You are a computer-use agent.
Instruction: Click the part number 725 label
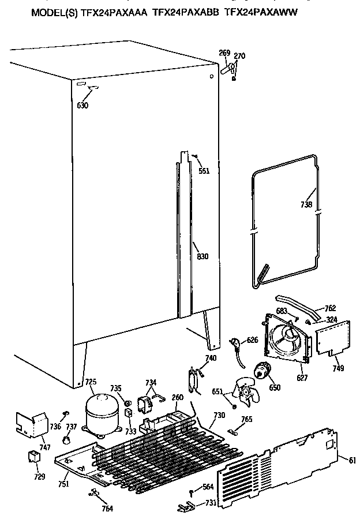(91, 382)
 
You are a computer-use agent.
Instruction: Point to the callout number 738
(306, 204)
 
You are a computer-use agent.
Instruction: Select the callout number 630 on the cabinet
(83, 106)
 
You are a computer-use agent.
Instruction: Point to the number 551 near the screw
(204, 170)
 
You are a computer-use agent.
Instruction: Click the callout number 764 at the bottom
(106, 508)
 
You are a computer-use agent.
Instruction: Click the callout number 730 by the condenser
(219, 416)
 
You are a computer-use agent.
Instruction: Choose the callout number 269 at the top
(224, 54)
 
